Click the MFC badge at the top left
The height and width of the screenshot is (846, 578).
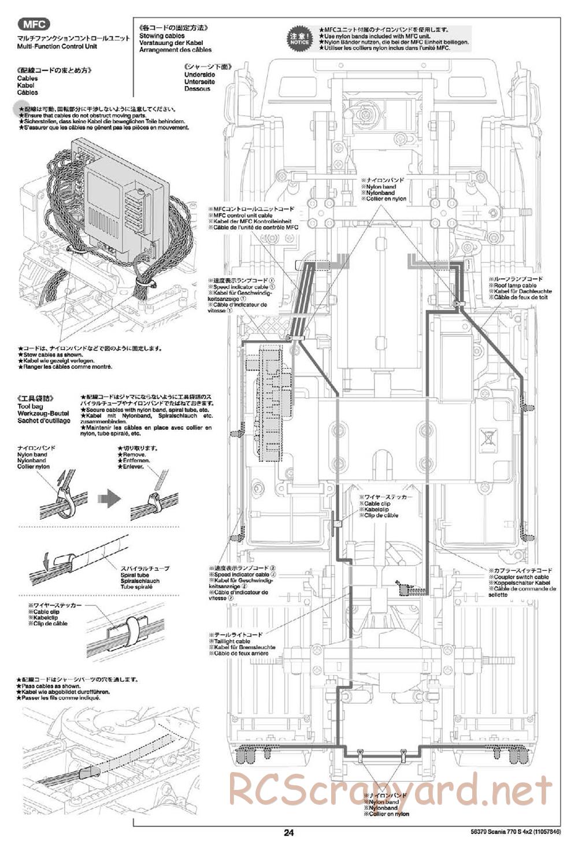[x=34, y=24]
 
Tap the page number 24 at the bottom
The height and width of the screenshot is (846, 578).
[x=289, y=833]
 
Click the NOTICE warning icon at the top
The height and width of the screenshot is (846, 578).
[x=300, y=38]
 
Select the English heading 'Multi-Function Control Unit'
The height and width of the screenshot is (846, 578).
[x=57, y=46]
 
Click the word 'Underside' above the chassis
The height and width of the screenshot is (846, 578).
[x=199, y=75]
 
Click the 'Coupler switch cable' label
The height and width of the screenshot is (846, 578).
[x=521, y=577]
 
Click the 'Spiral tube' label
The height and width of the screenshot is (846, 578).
[x=135, y=575]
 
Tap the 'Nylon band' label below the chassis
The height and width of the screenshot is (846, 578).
[x=383, y=802]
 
